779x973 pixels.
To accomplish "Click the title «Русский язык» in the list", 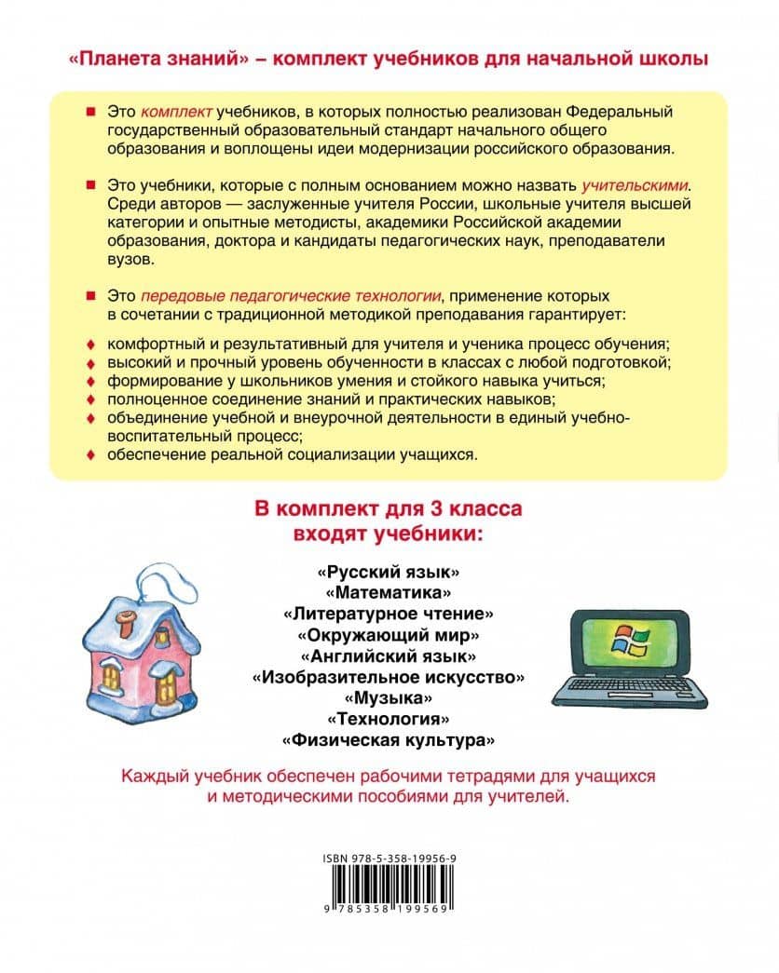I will tap(389, 571).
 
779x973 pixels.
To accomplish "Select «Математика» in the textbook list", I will tap(389, 592).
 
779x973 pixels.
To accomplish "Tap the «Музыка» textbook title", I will tap(389, 697).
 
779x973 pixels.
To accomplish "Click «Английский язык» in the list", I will tap(389, 655).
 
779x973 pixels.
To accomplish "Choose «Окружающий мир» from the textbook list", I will tap(389, 635).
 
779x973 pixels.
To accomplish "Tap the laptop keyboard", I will tap(619, 691).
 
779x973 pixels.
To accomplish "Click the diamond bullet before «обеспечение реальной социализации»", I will tap(90, 455).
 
